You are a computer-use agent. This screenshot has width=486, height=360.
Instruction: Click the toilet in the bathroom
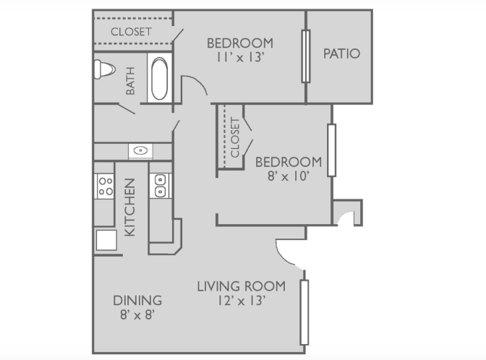(104, 69)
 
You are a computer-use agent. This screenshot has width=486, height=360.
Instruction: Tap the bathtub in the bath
(160, 78)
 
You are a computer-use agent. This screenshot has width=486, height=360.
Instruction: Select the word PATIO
(341, 53)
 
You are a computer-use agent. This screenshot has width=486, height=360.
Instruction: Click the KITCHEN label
(130, 207)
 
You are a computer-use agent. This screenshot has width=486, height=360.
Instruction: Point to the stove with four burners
(104, 187)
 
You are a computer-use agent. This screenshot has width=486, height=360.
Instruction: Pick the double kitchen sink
(161, 186)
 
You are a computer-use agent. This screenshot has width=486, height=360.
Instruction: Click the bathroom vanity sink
(141, 151)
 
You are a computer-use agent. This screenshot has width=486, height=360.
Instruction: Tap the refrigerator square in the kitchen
(106, 240)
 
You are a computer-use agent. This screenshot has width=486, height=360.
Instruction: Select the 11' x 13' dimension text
(240, 57)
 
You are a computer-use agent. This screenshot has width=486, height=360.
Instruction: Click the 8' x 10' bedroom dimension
(289, 176)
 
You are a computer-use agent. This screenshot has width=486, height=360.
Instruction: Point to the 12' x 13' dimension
(242, 301)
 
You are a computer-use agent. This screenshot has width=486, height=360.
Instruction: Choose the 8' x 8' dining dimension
(137, 314)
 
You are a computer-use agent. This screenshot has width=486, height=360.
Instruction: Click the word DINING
(137, 301)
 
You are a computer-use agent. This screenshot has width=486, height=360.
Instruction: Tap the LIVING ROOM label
(242, 286)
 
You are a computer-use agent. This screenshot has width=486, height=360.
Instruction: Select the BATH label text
(130, 81)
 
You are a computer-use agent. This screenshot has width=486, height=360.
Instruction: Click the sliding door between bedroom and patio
(306, 56)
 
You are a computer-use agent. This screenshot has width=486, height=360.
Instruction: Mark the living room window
(304, 312)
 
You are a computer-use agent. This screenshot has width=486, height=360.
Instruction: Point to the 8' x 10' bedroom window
(332, 150)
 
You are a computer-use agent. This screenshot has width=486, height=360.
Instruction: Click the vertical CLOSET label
(235, 138)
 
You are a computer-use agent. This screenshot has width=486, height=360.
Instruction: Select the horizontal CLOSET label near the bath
(131, 32)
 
